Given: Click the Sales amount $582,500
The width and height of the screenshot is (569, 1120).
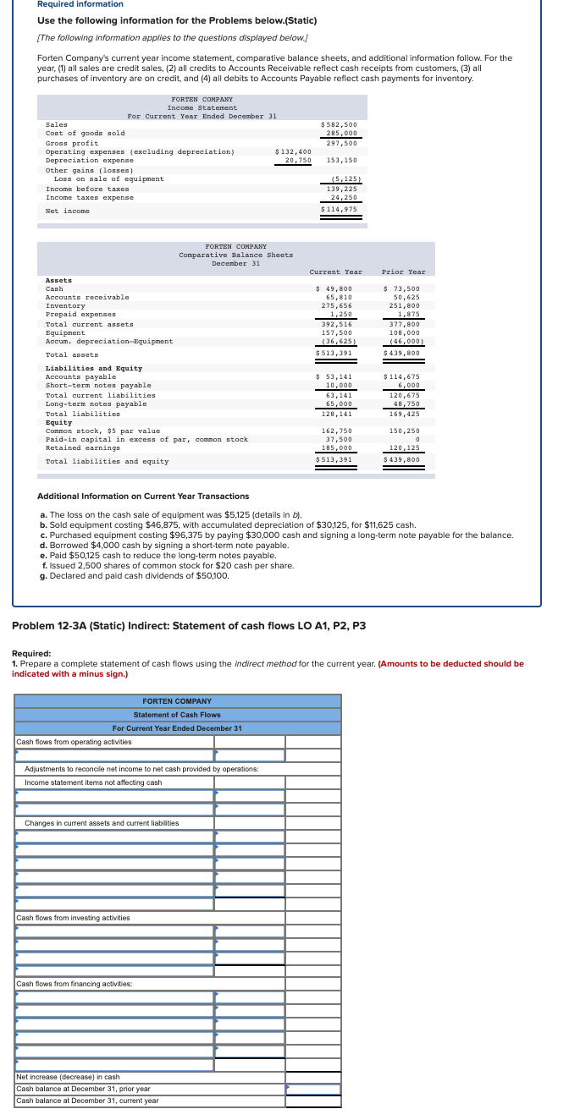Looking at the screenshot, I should [340, 124].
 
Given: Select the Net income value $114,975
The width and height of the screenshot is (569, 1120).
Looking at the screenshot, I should [340, 209].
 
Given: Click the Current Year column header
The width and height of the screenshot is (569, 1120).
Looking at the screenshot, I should [335, 272].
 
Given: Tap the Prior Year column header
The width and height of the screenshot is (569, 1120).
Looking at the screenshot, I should [404, 272].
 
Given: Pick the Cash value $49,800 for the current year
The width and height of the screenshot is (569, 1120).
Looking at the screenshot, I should [335, 288].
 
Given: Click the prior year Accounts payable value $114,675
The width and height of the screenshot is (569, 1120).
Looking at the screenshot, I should [404, 376].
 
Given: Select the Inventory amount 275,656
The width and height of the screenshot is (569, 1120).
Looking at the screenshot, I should [337, 305].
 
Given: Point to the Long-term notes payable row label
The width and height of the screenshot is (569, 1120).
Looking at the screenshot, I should [96, 404].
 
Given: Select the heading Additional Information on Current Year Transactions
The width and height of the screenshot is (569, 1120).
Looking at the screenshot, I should [144, 496].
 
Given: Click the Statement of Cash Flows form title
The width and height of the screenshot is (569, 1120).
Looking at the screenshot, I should [177, 715].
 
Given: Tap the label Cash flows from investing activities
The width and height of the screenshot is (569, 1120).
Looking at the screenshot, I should [73, 918].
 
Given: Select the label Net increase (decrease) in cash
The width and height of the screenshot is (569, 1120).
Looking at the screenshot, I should [68, 1077].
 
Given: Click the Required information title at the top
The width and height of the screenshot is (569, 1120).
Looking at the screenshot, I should [80, 4].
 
